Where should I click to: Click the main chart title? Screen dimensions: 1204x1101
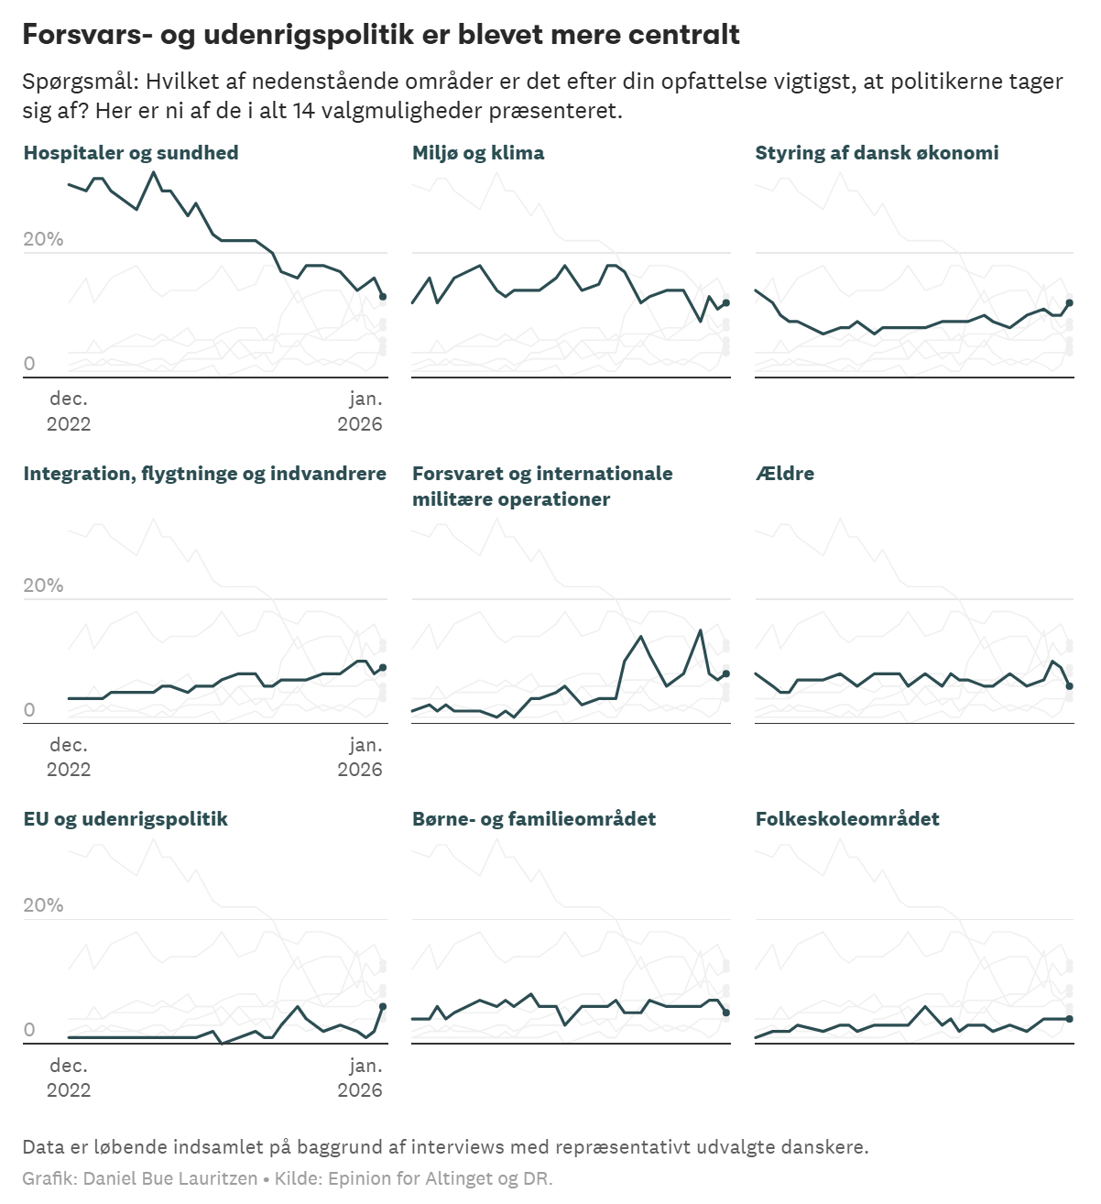tap(381, 35)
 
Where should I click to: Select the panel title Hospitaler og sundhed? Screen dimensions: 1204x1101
tap(131, 153)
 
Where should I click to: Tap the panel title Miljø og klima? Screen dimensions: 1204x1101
tap(478, 153)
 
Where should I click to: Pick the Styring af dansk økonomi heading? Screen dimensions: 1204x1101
tap(877, 153)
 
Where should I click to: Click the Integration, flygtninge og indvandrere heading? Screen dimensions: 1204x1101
tap(205, 474)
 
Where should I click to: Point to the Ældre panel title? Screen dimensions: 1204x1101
tap(785, 474)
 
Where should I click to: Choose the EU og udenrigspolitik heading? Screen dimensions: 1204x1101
tap(125, 819)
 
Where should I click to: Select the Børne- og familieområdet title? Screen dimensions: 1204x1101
tap(534, 819)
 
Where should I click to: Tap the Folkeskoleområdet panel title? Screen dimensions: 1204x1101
tap(847, 819)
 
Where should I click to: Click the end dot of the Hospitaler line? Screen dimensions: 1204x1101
tap(383, 297)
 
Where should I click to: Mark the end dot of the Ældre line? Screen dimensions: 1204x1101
tap(1069, 686)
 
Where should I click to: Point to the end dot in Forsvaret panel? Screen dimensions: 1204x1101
tap(726, 673)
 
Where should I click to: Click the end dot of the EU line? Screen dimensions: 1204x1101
tap(383, 1006)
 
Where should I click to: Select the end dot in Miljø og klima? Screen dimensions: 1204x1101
tap(726, 302)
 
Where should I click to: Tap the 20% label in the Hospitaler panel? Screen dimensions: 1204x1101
tap(43, 239)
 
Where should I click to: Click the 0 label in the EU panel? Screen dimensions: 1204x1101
tap(29, 1030)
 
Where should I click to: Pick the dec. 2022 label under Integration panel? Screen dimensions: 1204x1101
tap(69, 757)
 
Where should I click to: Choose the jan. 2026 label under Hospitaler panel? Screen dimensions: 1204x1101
tap(360, 411)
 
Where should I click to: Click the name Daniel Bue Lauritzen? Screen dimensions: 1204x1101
tap(170, 1178)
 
